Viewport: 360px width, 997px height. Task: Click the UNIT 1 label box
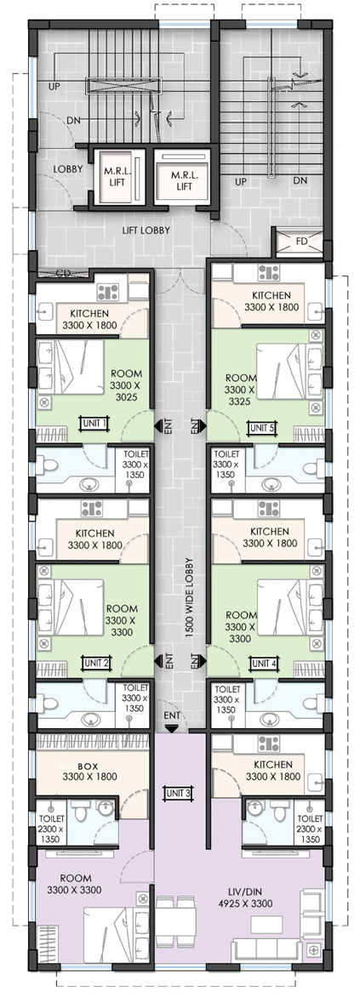tap(94, 423)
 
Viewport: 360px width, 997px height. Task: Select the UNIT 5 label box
tap(262, 427)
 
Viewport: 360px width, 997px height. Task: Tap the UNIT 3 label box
tap(178, 793)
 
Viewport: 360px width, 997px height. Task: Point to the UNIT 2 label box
tap(97, 664)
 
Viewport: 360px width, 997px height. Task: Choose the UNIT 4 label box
tap(263, 664)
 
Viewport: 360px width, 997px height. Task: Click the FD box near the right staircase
tap(300, 241)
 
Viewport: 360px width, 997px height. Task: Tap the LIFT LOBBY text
tap(146, 231)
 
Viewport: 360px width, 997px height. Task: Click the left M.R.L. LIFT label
tap(117, 177)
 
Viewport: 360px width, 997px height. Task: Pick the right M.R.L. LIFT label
tap(184, 180)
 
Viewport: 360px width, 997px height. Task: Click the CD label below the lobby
tap(62, 274)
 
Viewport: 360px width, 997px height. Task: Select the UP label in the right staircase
tap(240, 182)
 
